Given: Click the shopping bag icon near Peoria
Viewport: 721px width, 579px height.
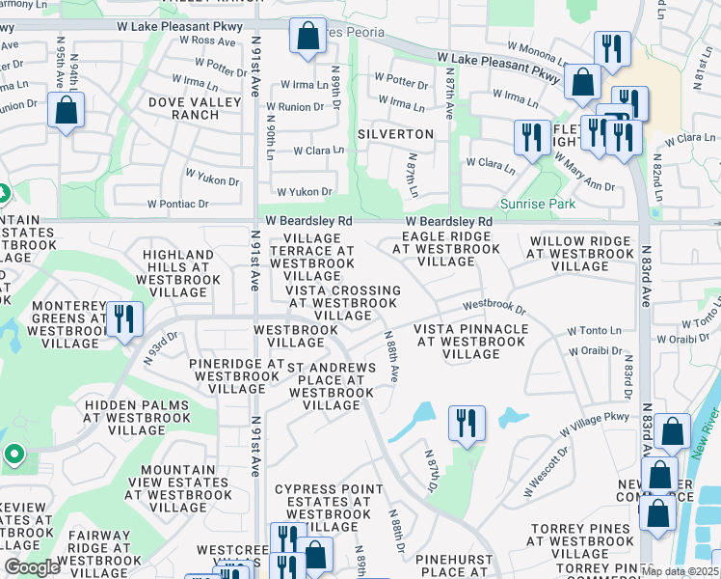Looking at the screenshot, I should click(x=307, y=38).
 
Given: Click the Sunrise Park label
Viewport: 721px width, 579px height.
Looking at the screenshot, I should click(x=538, y=204).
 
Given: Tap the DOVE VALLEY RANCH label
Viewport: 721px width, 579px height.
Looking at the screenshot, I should click(x=183, y=107).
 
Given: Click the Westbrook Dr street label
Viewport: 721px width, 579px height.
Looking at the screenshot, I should click(x=494, y=306).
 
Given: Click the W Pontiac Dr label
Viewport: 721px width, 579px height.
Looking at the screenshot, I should click(x=178, y=204).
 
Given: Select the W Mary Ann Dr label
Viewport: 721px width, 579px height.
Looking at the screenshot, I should click(x=583, y=172).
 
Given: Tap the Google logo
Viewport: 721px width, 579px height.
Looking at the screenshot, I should click(x=32, y=567).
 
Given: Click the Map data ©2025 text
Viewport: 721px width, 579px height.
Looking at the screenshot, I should click(x=680, y=572).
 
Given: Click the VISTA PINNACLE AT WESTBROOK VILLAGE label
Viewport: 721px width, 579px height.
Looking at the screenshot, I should click(x=470, y=342).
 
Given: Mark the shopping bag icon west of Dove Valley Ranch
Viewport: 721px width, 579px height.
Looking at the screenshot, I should click(x=66, y=111).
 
